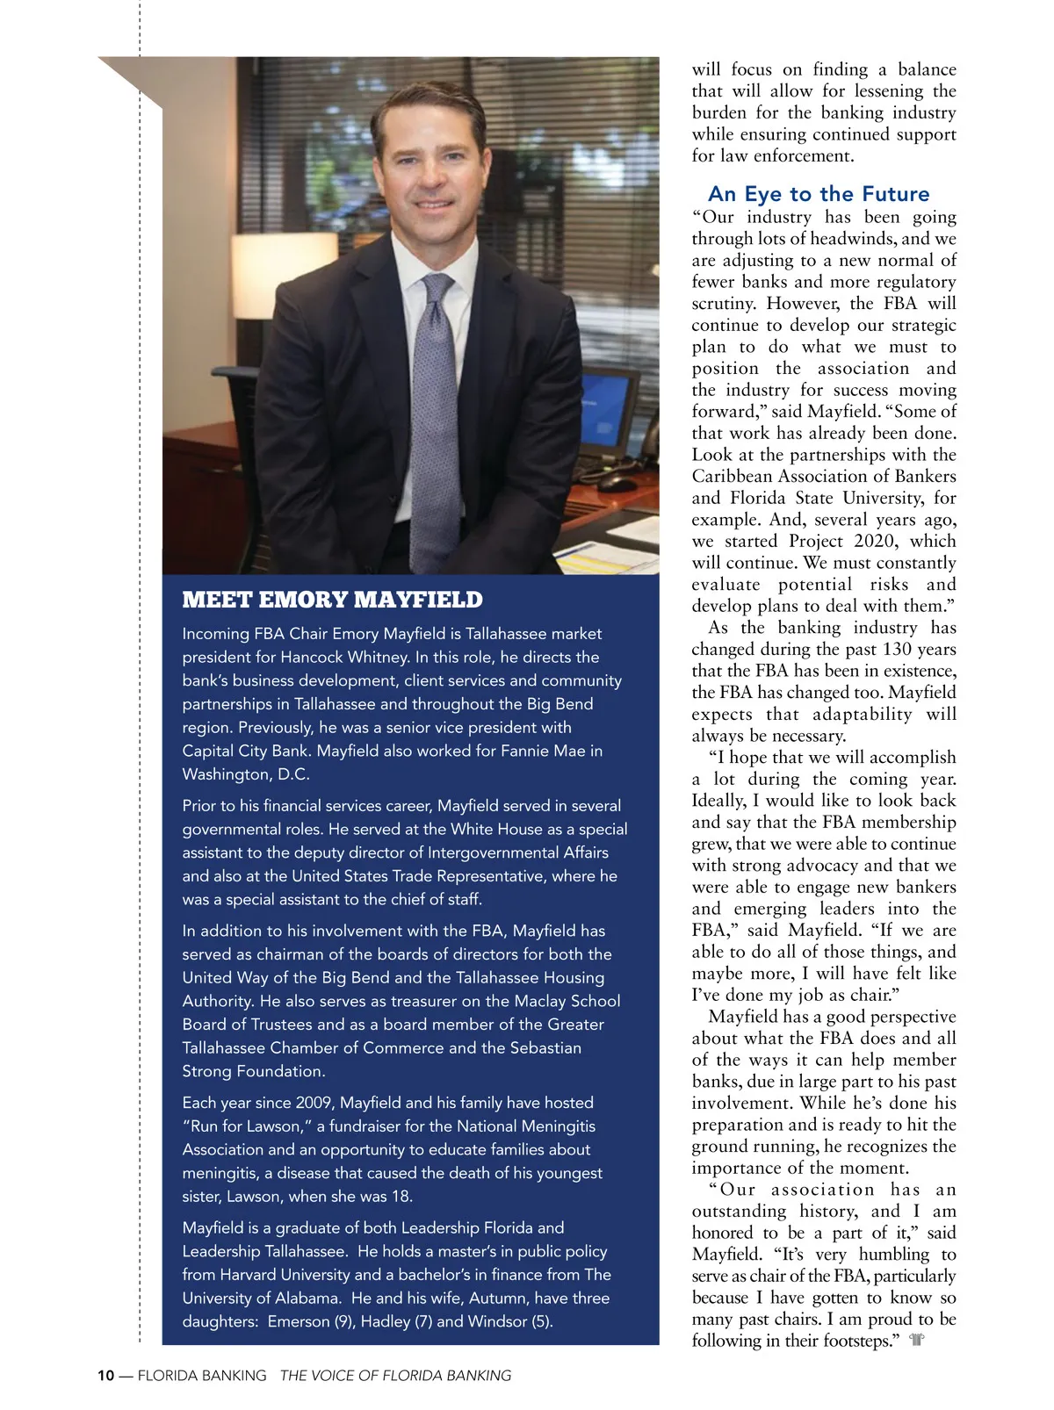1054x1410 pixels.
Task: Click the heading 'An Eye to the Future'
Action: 818,194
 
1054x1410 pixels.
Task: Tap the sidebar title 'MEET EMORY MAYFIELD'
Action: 332,600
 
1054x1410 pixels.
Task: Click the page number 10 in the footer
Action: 105,1376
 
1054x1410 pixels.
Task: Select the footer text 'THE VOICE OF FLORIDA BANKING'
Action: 395,1376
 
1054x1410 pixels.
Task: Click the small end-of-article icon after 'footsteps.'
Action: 917,1341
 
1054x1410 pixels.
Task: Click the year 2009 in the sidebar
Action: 314,1103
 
